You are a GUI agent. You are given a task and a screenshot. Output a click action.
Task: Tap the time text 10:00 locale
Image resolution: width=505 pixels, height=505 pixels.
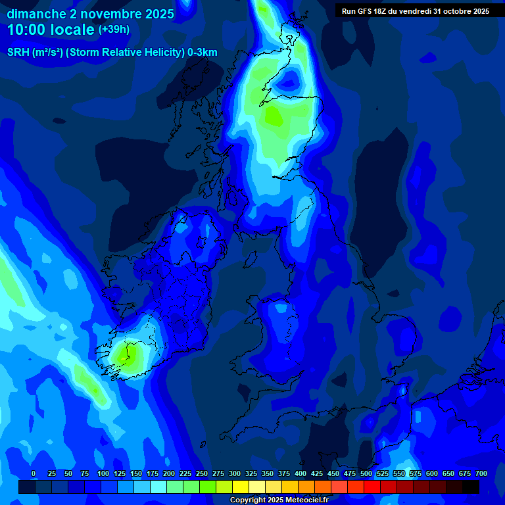[51, 30]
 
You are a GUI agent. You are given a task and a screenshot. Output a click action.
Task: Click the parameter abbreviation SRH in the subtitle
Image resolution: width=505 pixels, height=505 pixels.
[18, 53]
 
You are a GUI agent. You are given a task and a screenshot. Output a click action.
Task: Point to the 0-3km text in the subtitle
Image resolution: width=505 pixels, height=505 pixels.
[202, 53]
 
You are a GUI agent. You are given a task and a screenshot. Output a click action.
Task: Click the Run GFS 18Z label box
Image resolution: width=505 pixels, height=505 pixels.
[415, 11]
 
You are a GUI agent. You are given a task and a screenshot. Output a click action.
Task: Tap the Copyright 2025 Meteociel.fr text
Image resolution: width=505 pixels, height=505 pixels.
[279, 500]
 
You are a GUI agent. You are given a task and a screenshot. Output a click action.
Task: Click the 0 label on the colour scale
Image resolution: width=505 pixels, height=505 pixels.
[34, 473]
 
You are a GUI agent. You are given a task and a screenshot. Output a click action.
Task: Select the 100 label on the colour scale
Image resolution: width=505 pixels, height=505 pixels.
[103, 473]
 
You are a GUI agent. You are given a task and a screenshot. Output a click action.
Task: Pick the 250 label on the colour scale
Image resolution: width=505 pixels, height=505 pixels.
[202, 473]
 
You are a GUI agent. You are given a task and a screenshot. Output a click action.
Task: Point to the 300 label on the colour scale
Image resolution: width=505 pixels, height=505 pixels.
[235, 473]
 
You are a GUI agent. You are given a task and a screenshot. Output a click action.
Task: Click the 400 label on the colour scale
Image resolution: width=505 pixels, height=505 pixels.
[301, 473]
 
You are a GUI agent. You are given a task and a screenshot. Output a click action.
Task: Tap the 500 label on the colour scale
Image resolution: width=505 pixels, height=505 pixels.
[366, 473]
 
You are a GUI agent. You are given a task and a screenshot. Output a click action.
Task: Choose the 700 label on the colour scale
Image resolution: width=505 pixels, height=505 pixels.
[481, 473]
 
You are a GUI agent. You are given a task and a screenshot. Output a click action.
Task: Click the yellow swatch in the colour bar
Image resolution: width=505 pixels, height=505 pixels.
[241, 487]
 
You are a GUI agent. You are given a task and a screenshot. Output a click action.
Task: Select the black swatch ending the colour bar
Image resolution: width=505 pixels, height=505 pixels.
[471, 487]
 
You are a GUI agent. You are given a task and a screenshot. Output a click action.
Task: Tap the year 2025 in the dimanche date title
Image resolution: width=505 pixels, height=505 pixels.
[160, 14]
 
